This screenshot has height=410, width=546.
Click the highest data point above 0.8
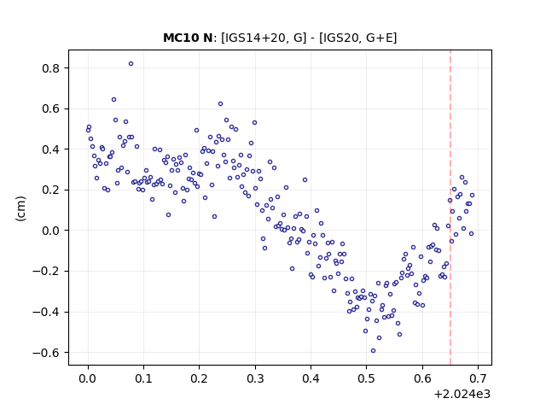click(x=131, y=64)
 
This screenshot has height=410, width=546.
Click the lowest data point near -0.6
click(x=373, y=351)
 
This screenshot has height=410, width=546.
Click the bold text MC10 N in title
click(x=188, y=38)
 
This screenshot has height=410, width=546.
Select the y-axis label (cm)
click(x=20, y=208)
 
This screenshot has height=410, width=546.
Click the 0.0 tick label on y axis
click(x=51, y=231)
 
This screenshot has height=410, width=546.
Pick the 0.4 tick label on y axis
click(x=51, y=149)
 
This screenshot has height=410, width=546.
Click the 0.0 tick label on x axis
click(x=88, y=378)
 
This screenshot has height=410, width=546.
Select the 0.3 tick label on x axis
click(x=255, y=378)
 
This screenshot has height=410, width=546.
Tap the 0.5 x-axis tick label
click(x=366, y=378)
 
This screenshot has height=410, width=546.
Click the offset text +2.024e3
click(x=462, y=395)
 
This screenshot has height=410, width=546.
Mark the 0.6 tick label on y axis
click(x=51, y=108)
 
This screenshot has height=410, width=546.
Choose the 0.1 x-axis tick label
click(x=143, y=378)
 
